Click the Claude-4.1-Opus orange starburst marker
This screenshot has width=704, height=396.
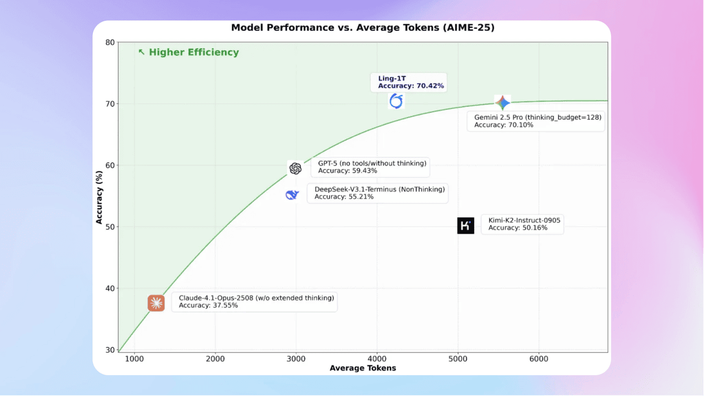click(156, 303)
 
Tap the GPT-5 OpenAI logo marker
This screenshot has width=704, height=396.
click(295, 168)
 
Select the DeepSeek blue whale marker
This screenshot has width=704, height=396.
click(292, 194)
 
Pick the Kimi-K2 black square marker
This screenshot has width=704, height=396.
click(465, 226)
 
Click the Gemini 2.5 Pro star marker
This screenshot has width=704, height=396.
click(502, 103)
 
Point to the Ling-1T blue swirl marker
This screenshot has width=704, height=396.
click(396, 101)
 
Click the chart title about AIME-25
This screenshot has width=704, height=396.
click(362, 28)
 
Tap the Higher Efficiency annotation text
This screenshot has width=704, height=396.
click(194, 52)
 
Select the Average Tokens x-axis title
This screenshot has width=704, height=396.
click(362, 368)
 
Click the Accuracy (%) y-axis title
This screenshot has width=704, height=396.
click(100, 196)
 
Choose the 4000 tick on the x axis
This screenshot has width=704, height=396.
click(377, 358)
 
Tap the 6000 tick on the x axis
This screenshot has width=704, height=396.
click(538, 358)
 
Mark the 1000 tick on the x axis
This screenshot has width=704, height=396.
click(134, 358)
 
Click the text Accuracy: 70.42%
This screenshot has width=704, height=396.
click(411, 86)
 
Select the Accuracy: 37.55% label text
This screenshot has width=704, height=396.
click(208, 305)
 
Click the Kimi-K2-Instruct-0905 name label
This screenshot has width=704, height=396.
click(524, 220)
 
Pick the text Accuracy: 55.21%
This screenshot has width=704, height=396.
click(344, 197)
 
